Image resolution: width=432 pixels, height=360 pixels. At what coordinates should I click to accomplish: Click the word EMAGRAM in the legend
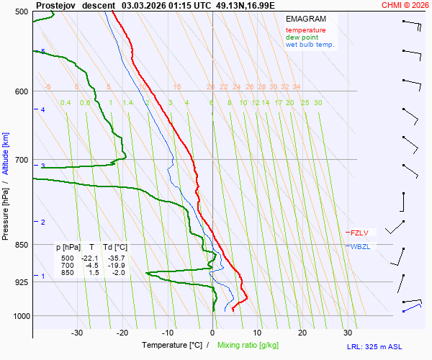[305, 19]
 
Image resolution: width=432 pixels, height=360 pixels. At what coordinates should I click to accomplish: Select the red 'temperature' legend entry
[305, 30]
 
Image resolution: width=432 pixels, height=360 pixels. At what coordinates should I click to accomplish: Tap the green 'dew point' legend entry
[302, 37]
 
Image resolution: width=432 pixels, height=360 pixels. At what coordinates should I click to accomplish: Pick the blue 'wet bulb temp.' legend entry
[310, 45]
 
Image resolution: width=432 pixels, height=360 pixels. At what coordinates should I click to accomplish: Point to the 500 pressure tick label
[21, 13]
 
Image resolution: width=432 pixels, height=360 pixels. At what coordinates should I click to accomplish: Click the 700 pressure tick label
[21, 160]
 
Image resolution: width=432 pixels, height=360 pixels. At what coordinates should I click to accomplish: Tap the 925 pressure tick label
[21, 282]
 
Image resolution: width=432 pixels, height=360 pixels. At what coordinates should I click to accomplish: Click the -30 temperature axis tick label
[77, 333]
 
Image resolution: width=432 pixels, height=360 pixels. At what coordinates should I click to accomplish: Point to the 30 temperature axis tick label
[348, 333]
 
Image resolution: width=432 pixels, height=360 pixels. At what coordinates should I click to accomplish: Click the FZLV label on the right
[360, 233]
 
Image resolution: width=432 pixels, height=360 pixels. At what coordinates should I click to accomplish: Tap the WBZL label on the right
[360, 247]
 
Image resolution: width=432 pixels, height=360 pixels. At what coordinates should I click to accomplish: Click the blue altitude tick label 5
[43, 52]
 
